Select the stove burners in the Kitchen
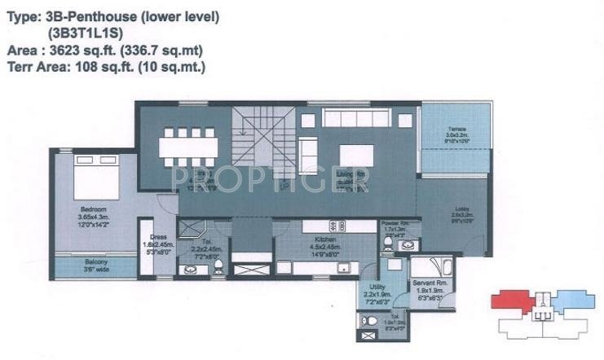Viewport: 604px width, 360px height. tap(333, 226)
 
